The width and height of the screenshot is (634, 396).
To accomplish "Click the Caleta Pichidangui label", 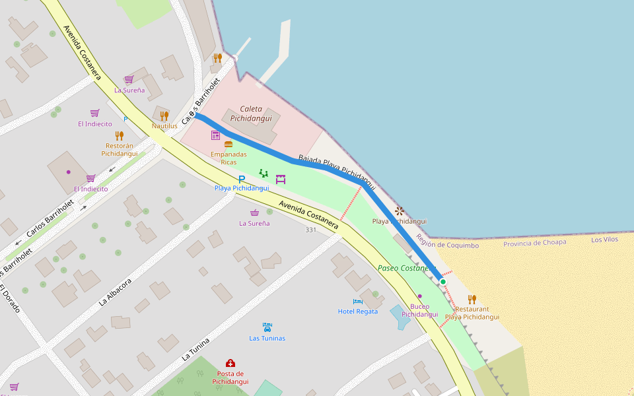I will pos(251,114).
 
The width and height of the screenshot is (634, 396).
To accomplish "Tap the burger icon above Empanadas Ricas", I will pos(229,144).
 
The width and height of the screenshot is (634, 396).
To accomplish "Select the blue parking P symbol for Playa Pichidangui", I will pos(242,179).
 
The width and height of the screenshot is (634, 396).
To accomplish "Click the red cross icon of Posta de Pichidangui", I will pos(230,363).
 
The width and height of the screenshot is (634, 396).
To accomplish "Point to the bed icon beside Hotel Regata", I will pos(358,302).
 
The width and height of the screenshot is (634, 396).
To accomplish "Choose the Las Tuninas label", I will pos(267,338).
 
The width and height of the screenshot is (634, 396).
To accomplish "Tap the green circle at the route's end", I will pos(443,282).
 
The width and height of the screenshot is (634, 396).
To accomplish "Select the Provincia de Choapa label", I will pos(535,243).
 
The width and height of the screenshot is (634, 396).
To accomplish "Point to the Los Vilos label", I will pos(604,240).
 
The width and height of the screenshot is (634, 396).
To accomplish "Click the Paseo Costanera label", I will pos(406,268).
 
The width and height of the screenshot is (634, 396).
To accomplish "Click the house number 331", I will pos(311,230).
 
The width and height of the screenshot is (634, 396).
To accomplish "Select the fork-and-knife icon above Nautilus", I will pos(164,116).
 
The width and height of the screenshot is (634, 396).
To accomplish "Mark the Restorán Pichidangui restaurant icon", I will pos(119,136).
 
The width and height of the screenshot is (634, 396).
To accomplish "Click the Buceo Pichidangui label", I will pos(419,310).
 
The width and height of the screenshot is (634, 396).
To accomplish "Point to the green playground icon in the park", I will pos(264,173).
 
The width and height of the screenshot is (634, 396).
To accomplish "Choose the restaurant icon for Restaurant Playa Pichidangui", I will pos(472,299).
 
